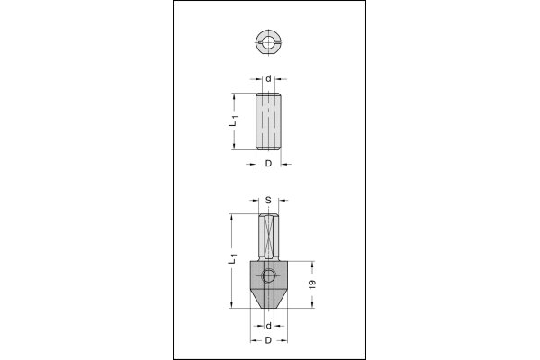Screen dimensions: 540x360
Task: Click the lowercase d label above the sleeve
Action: (x=268, y=79)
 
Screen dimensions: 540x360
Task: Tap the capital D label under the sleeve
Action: (x=268, y=164)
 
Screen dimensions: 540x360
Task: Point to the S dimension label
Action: (x=268, y=200)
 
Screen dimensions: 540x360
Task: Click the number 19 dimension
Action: (x=312, y=284)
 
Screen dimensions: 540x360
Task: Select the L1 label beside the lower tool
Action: (x=233, y=258)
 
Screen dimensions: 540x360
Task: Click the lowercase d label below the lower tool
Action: (x=268, y=325)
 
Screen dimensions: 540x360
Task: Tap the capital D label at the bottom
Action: (x=268, y=340)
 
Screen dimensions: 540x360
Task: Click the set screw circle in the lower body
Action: (x=268, y=276)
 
